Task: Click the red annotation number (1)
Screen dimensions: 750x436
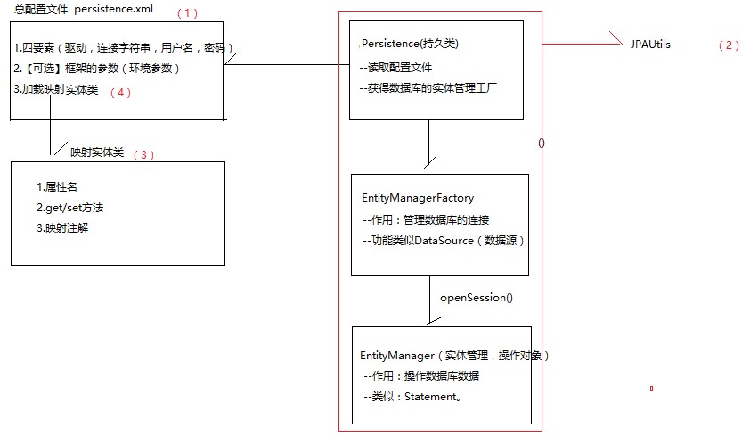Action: click(187, 13)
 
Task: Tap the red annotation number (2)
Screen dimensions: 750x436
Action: click(729, 45)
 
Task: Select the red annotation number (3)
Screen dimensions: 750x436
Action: click(143, 155)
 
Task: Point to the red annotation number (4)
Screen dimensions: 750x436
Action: click(120, 93)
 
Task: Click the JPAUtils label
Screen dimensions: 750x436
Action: click(650, 45)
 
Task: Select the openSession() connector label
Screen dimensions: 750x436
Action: click(477, 298)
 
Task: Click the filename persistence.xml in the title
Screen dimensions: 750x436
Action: click(113, 9)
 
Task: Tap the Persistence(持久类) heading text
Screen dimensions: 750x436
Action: click(410, 44)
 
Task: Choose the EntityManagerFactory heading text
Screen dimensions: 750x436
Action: click(418, 198)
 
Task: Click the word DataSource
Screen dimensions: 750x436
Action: click(444, 241)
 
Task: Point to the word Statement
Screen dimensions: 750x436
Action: click(431, 397)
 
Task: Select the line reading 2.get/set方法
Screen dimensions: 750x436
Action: click(69, 208)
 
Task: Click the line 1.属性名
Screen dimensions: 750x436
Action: click(57, 187)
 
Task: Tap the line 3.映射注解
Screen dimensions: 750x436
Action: click(62, 228)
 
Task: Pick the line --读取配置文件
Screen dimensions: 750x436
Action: click(395, 68)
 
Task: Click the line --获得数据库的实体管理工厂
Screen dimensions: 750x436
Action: click(428, 88)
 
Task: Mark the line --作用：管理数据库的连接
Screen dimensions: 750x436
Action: click(426, 220)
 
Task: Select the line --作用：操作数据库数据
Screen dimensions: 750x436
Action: click(421, 376)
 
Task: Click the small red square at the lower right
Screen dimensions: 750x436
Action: click(651, 388)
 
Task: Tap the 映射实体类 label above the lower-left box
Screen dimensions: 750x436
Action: click(97, 152)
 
